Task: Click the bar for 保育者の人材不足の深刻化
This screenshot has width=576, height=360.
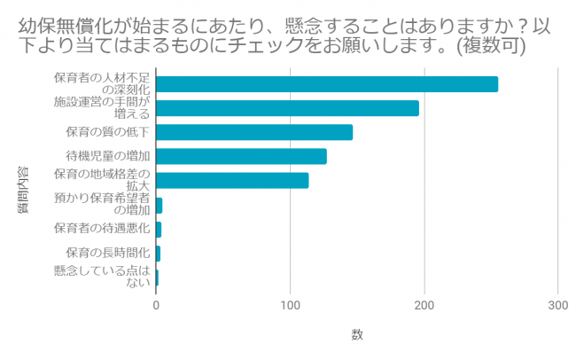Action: (x=327, y=84)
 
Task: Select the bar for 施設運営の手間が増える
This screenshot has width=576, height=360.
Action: (x=288, y=108)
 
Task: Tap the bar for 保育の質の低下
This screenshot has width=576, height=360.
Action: (x=254, y=132)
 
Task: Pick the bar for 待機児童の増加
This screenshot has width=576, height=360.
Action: (x=242, y=156)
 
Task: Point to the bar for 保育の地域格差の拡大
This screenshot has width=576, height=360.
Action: (x=233, y=180)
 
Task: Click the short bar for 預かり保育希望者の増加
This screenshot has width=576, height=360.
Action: (x=160, y=205)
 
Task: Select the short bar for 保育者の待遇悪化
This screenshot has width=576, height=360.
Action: (x=160, y=229)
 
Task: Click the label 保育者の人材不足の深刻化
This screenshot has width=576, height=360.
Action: (x=102, y=84)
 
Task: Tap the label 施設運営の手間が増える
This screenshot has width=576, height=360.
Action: (x=102, y=108)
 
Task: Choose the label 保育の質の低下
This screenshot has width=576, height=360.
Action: (x=108, y=132)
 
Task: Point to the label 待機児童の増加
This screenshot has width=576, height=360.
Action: (x=108, y=157)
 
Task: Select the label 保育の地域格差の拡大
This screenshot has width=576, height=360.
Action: (x=102, y=180)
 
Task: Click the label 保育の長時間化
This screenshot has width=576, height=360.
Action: (x=108, y=253)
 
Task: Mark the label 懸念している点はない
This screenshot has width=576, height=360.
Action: (x=102, y=277)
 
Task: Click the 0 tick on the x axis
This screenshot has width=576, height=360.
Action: (x=157, y=305)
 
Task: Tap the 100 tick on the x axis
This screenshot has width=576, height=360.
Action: (x=291, y=305)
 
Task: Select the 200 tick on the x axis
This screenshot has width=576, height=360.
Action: (x=424, y=305)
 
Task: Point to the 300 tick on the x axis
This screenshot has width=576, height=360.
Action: (x=557, y=305)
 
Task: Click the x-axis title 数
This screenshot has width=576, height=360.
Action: (x=356, y=334)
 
